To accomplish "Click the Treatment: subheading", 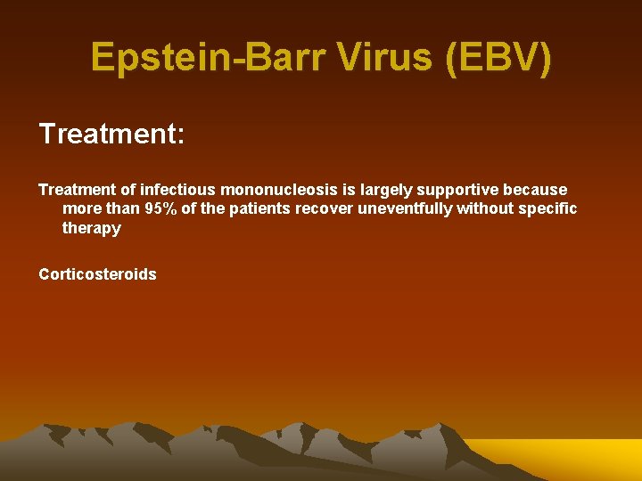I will point(111,135).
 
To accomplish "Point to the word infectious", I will point(177,190).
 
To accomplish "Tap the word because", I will point(535,190).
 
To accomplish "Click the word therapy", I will point(91,228).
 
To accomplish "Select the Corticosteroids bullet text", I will point(97,274).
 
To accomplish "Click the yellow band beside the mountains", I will point(571,459).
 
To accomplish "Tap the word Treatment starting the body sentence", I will point(78,190).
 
